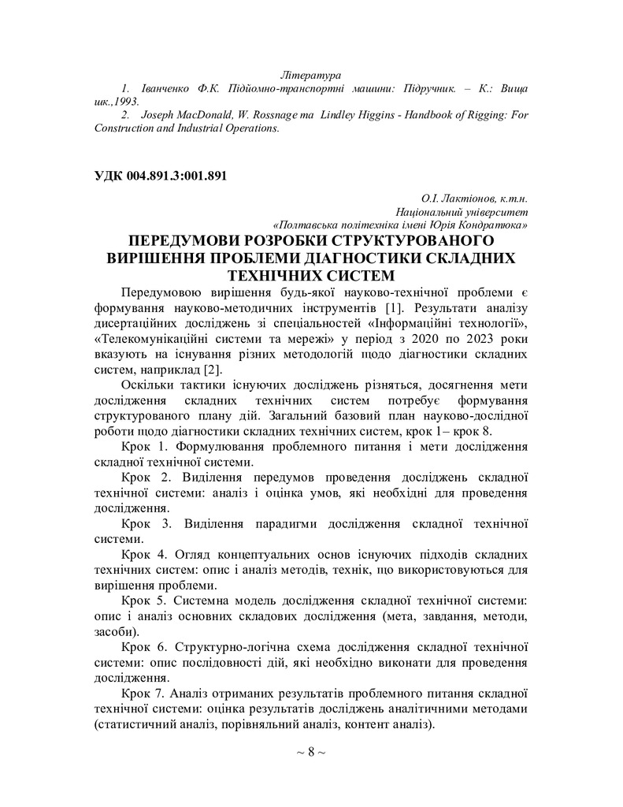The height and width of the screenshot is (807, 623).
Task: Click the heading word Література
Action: [313, 76]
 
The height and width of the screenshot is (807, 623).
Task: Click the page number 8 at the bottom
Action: [311, 751]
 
